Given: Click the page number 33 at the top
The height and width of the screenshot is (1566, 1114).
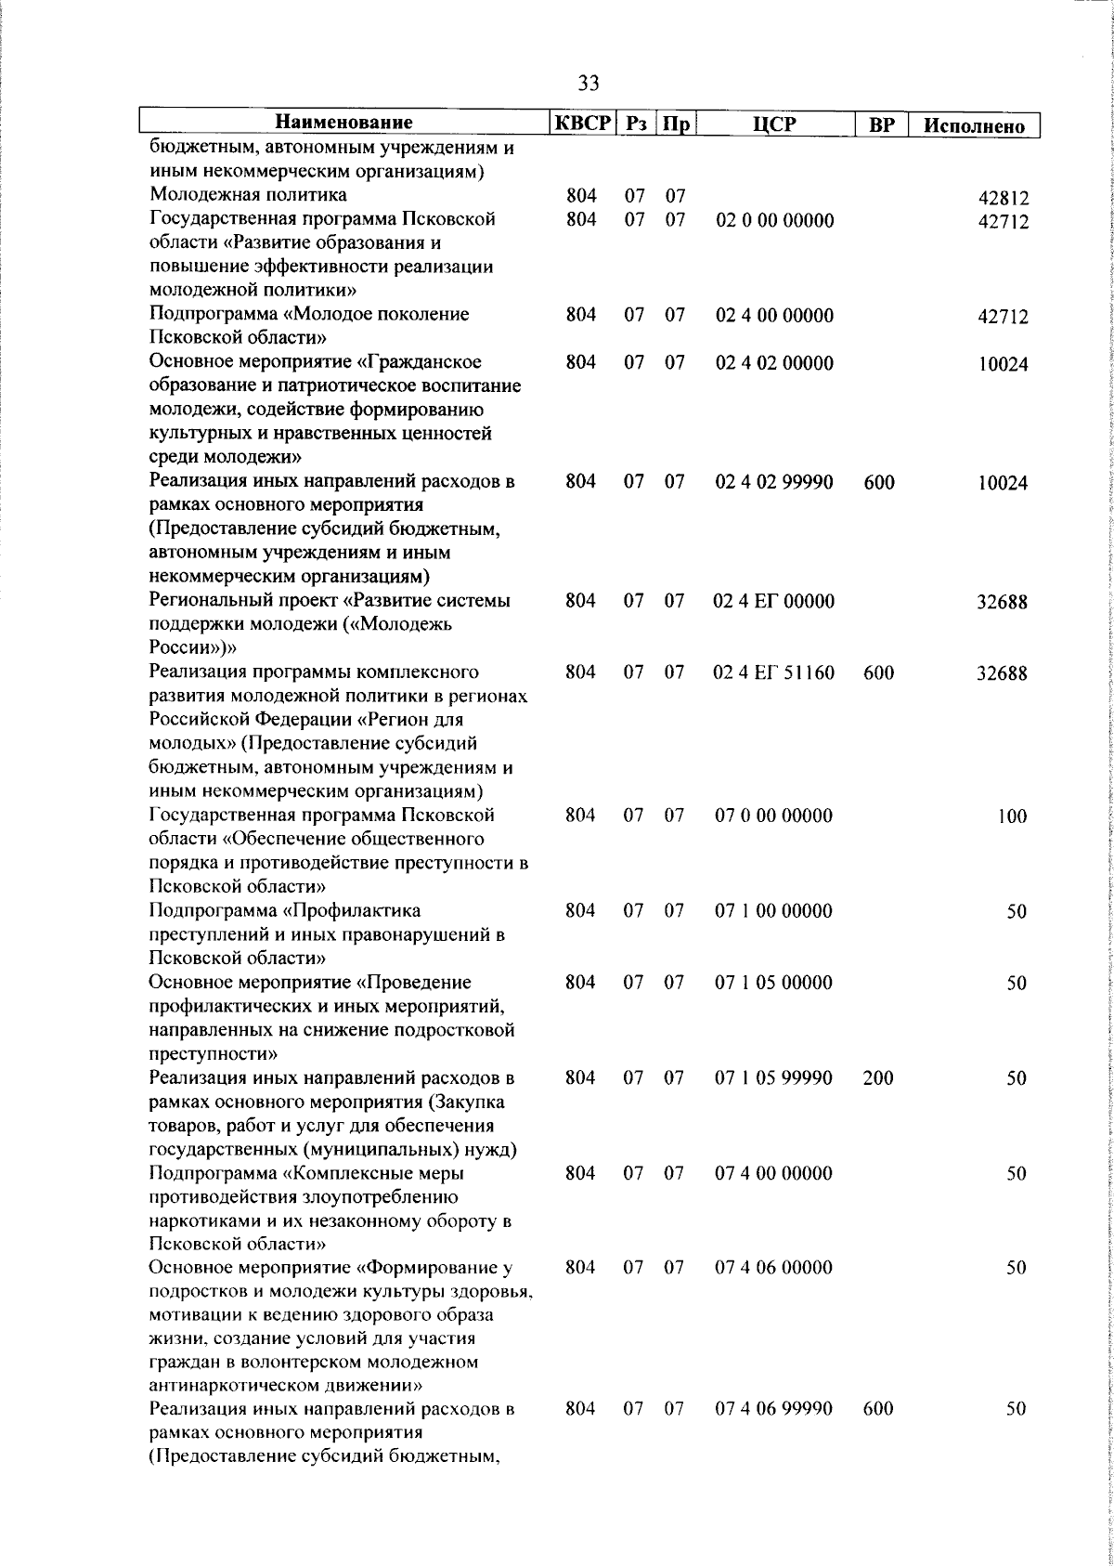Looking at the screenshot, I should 589,83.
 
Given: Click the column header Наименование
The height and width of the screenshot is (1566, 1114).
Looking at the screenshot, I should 343,123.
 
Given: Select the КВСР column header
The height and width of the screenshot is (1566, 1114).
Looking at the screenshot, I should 582,123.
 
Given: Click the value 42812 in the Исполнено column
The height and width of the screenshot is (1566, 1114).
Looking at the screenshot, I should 1003,199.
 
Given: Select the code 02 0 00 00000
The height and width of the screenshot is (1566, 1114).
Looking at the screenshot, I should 774,220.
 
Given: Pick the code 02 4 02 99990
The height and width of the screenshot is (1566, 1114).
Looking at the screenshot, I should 774,482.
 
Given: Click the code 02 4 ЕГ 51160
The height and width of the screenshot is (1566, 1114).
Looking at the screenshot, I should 774,672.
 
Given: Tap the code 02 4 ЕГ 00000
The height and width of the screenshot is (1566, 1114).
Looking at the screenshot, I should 774,601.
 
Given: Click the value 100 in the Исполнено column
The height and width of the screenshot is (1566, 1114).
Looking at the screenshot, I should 1013,816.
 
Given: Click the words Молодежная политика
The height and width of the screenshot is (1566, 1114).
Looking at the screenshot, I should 248,195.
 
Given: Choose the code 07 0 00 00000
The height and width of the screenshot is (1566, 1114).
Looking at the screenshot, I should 774,816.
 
